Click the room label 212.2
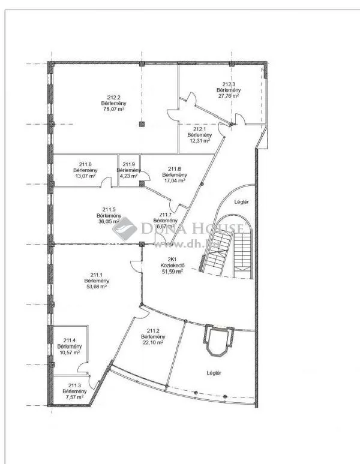(x=114, y=97)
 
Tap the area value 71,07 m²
(x=113, y=109)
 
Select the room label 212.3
(x=229, y=85)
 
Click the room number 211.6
(x=85, y=164)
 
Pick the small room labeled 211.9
(x=128, y=164)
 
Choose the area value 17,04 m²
(x=174, y=180)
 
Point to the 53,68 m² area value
(x=95, y=287)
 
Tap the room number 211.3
(x=74, y=385)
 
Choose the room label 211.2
(x=153, y=330)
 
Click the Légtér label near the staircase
(x=241, y=201)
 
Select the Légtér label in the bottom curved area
(x=214, y=373)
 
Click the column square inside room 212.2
(x=142, y=124)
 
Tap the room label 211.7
(x=165, y=215)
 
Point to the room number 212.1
(x=199, y=129)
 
